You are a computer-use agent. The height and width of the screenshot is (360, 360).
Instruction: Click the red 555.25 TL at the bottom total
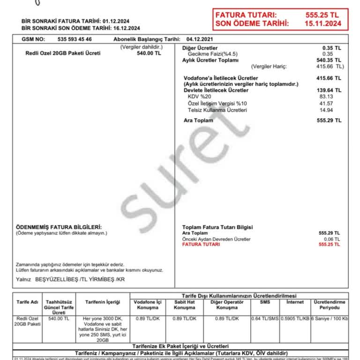pyautogui.click(x=330, y=245)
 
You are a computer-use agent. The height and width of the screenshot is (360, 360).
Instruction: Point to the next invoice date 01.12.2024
pyautogui.click(x=116, y=21)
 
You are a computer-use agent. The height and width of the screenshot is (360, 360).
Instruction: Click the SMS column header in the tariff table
pyautogui.click(x=265, y=302)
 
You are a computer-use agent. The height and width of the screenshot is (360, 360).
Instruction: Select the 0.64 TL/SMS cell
pyautogui.click(x=265, y=319)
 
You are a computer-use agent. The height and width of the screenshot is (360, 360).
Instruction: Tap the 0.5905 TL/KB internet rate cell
pyautogui.click(x=295, y=319)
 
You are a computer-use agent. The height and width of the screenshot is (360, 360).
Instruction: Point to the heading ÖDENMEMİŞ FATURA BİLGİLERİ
pyautogui.click(x=59, y=227)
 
